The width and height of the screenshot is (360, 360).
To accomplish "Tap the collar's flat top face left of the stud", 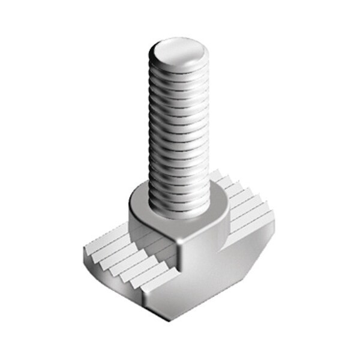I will (139, 201).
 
